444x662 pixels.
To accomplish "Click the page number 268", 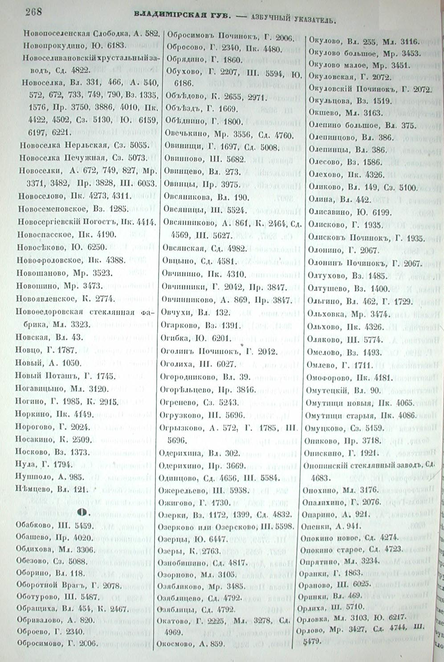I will [34, 12].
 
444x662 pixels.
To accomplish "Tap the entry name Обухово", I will [181, 71].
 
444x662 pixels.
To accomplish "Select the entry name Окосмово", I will [174, 643].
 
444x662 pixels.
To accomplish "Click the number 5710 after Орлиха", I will [354, 606].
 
